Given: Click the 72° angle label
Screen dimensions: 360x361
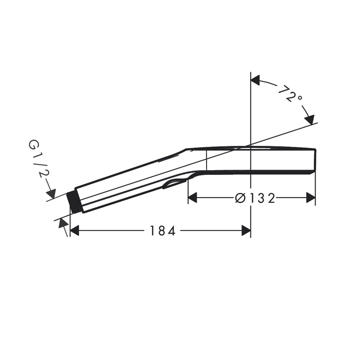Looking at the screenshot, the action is (x=289, y=94).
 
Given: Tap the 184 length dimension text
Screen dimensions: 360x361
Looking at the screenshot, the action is (x=163, y=231).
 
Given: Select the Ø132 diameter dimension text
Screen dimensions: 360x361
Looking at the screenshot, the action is (x=255, y=198).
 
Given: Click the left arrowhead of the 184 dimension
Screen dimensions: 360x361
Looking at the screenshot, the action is (x=74, y=231).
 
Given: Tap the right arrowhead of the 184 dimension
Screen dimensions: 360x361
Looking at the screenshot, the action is (x=246, y=231).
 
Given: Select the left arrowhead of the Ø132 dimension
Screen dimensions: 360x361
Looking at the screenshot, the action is (x=193, y=198).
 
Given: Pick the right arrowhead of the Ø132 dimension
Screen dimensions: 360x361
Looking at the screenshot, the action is (x=311, y=198).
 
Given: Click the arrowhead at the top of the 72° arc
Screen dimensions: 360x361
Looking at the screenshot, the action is (x=255, y=80).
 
